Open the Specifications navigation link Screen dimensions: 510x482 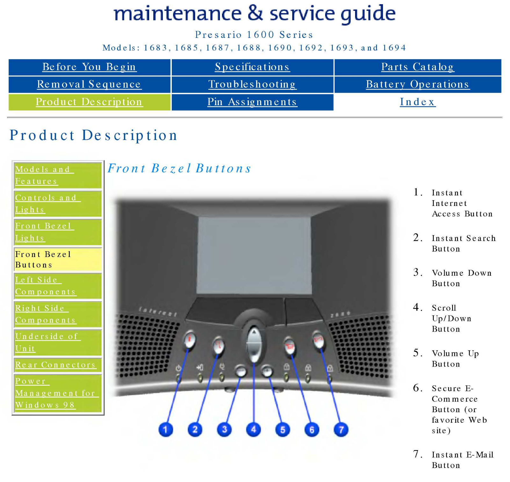(252, 67)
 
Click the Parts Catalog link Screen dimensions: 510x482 (418, 67)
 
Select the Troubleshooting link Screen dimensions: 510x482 (252, 84)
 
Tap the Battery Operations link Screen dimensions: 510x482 (418, 84)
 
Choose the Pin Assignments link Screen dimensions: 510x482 (252, 102)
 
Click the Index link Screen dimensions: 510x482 (418, 102)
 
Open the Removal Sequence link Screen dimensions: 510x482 (89, 84)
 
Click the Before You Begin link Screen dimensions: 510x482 (89, 67)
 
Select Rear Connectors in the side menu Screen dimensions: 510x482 (55, 365)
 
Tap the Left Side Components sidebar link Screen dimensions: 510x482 (45, 286)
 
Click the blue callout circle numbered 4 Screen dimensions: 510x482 (253, 429)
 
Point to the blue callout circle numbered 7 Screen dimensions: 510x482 (341, 429)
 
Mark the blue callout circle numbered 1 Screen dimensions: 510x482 (165, 429)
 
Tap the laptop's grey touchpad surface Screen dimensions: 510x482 (254, 255)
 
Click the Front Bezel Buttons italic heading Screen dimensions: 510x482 (179, 169)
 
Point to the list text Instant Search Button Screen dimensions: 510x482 (463, 244)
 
